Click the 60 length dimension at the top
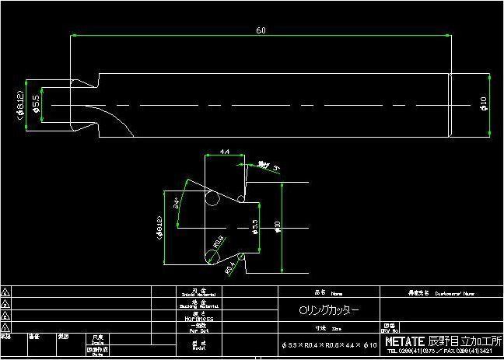tap(260, 30)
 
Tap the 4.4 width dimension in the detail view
tap(224, 151)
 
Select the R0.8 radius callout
tap(219, 240)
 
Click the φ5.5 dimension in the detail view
tap(255, 227)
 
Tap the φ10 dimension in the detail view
tap(277, 226)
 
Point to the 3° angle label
tap(275, 166)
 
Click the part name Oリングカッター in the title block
tap(329, 309)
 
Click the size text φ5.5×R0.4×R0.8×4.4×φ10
tap(329, 343)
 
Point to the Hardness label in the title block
tap(198, 318)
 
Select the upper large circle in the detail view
tap(212, 199)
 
